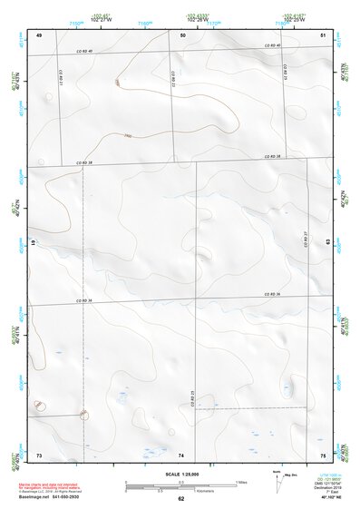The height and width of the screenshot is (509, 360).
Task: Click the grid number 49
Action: (39, 34)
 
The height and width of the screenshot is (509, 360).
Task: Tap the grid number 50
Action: (182, 34)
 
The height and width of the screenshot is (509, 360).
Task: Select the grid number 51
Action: (324, 34)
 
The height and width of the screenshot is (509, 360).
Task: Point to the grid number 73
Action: (39, 454)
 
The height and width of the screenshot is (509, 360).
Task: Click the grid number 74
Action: (181, 454)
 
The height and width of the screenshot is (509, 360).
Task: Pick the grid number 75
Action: (324, 454)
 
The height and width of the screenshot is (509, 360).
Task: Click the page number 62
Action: (181, 498)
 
